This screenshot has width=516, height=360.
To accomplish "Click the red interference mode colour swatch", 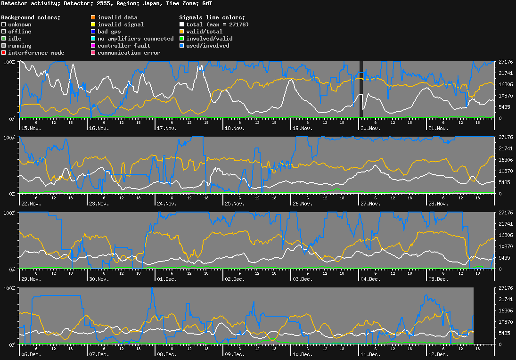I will pyautogui.click(x=4, y=53).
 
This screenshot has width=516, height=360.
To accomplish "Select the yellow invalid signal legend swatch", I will pyautogui.click(x=93, y=25).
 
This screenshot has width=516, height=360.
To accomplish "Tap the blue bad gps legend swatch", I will pyautogui.click(x=93, y=32).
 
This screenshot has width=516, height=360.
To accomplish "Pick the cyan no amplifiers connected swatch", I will pyautogui.click(x=93, y=39).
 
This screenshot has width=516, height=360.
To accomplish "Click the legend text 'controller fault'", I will pyautogui.click(x=124, y=46).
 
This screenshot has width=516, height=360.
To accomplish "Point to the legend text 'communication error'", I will pyautogui.click(x=129, y=53).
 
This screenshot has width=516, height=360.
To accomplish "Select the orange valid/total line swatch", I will pyautogui.click(x=182, y=32).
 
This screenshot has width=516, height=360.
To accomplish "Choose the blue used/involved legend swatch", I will pyautogui.click(x=182, y=46).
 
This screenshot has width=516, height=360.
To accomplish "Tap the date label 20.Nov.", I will pyautogui.click(x=370, y=128).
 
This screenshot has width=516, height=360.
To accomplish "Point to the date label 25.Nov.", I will pyautogui.click(x=235, y=204).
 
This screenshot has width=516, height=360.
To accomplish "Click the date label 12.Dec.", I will pyautogui.click(x=438, y=354).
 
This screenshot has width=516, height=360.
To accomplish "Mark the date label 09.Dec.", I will pyautogui.click(x=235, y=354).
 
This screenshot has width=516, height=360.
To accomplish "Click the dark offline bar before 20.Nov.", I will pyautogui.click(x=361, y=89).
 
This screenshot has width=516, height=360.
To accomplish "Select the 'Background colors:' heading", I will pyautogui.click(x=31, y=17).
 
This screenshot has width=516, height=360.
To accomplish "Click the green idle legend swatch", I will pyautogui.click(x=4, y=39).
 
